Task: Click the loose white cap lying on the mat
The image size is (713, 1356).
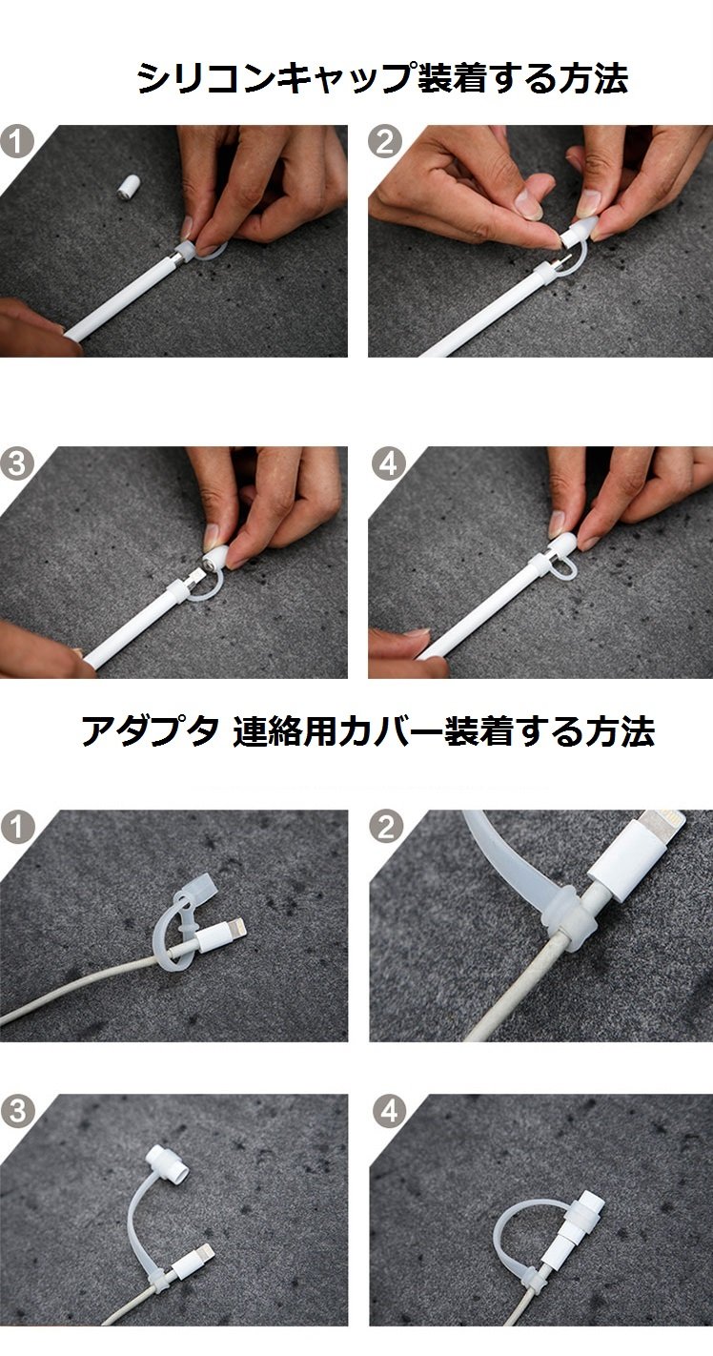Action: tap(128, 187)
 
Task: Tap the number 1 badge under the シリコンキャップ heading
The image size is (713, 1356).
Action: tap(17, 143)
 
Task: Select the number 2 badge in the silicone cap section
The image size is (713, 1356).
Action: tap(385, 143)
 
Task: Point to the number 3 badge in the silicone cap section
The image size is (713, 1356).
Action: tap(17, 464)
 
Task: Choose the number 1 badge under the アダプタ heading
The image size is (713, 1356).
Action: tap(17, 828)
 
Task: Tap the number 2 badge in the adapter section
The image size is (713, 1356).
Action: tap(386, 828)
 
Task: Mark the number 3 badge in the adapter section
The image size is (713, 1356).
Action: tap(17, 1111)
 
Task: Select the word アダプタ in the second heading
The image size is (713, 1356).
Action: tap(150, 730)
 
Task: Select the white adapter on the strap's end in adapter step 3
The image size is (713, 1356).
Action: tap(167, 1162)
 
